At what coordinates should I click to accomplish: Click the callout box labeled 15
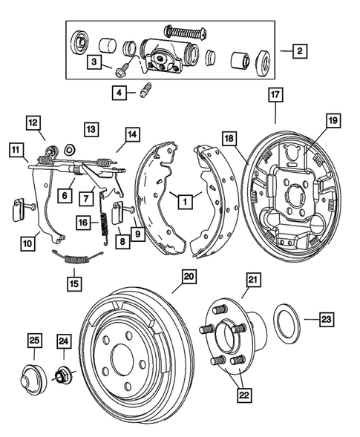[73, 283]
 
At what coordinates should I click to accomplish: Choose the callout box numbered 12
[33, 122]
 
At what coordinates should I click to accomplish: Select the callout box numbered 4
[118, 93]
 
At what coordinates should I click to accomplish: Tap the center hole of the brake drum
[121, 368]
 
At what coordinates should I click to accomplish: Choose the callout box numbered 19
[332, 119]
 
